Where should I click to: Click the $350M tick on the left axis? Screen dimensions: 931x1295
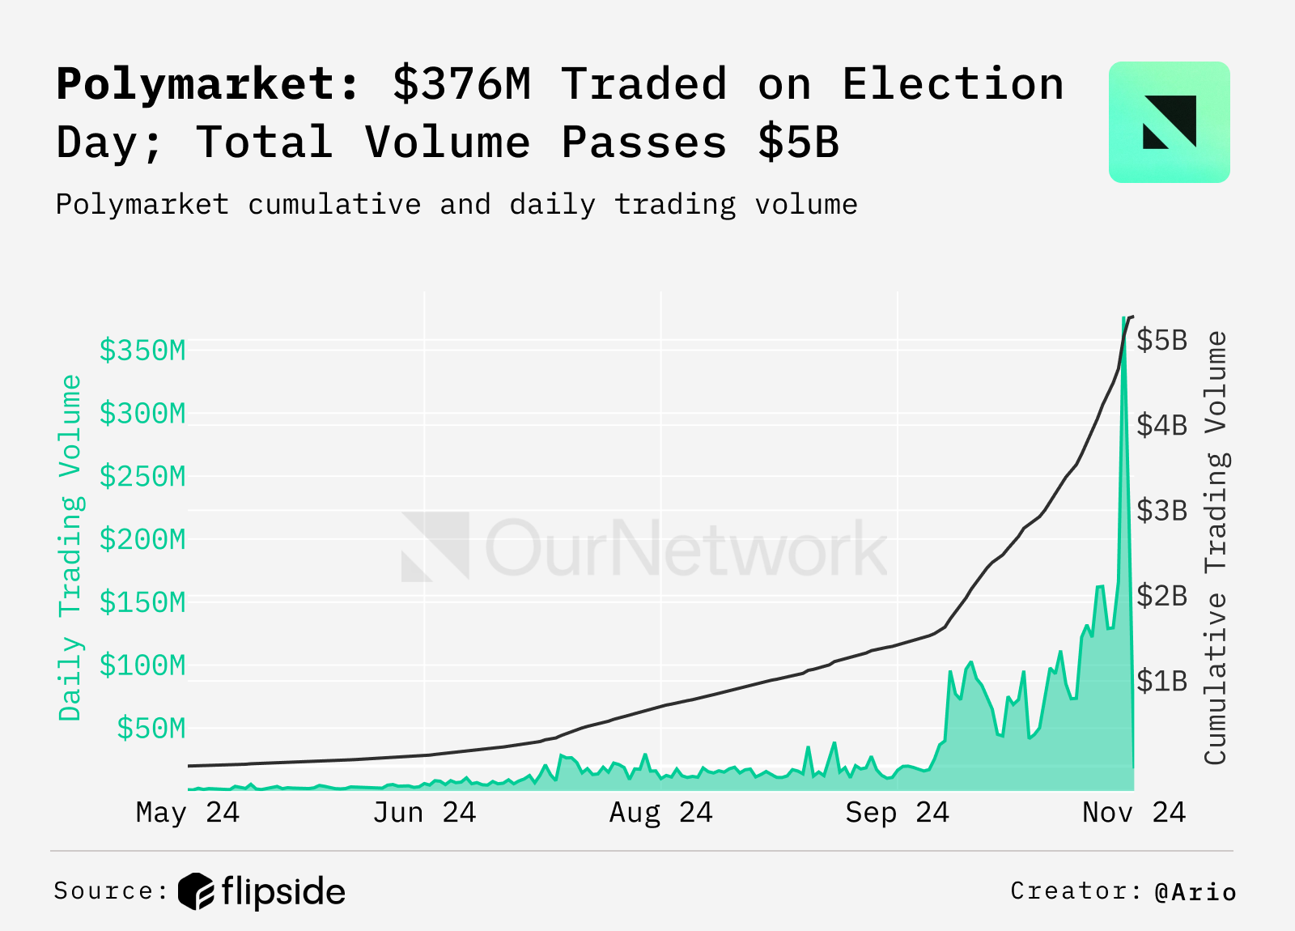[x=142, y=351]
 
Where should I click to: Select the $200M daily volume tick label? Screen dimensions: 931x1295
[x=142, y=539]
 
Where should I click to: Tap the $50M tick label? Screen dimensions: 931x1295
[x=151, y=729]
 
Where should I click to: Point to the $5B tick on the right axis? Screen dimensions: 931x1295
[x=1161, y=340]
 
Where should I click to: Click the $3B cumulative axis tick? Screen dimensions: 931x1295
[x=1161, y=511]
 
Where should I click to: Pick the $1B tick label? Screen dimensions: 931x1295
[x=1161, y=682]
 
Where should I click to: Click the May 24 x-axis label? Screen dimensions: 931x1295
[x=188, y=812]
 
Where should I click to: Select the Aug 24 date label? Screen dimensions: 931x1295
[x=660, y=812]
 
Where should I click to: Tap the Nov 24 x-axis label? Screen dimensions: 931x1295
[x=1133, y=812]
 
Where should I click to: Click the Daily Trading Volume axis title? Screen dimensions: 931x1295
[x=71, y=547]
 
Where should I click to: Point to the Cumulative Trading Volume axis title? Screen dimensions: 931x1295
[x=1216, y=547]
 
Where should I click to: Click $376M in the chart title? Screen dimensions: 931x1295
[x=462, y=84]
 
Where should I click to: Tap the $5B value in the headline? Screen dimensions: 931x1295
[x=799, y=142]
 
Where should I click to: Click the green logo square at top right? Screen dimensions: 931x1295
[x=1169, y=122]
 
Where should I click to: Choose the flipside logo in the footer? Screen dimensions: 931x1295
[x=262, y=891]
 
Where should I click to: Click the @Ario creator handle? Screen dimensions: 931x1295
[x=1195, y=891]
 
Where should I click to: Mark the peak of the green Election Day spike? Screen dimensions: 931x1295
[x=1123, y=318]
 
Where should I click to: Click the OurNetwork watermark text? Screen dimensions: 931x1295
[x=686, y=549]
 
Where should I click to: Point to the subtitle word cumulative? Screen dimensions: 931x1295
[x=334, y=205]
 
